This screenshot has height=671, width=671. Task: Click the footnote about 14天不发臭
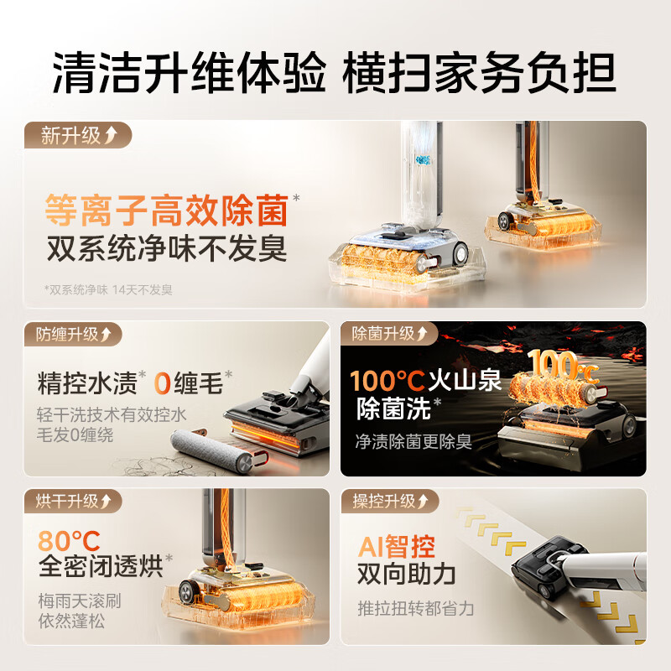(x=108, y=289)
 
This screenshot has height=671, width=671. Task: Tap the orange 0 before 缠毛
(x=163, y=384)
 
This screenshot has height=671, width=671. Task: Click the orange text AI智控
(x=397, y=548)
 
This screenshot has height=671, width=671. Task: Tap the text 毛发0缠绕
(x=75, y=435)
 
